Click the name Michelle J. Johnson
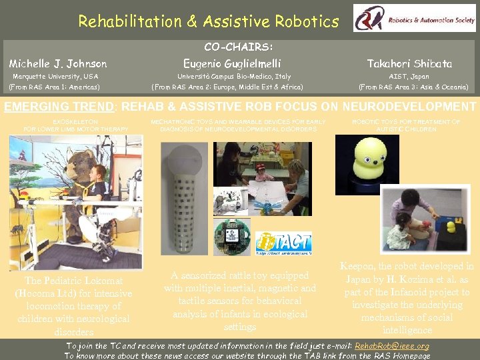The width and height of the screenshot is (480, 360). [x=57, y=64]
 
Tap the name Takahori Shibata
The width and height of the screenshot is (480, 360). [x=409, y=64]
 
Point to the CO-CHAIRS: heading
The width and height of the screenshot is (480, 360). [x=238, y=47]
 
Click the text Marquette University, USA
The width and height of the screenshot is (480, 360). [x=55, y=76]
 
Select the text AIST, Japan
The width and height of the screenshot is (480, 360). [x=409, y=76]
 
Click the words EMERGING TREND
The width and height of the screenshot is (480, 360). [x=56, y=107]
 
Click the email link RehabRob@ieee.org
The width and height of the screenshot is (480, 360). [x=391, y=346]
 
